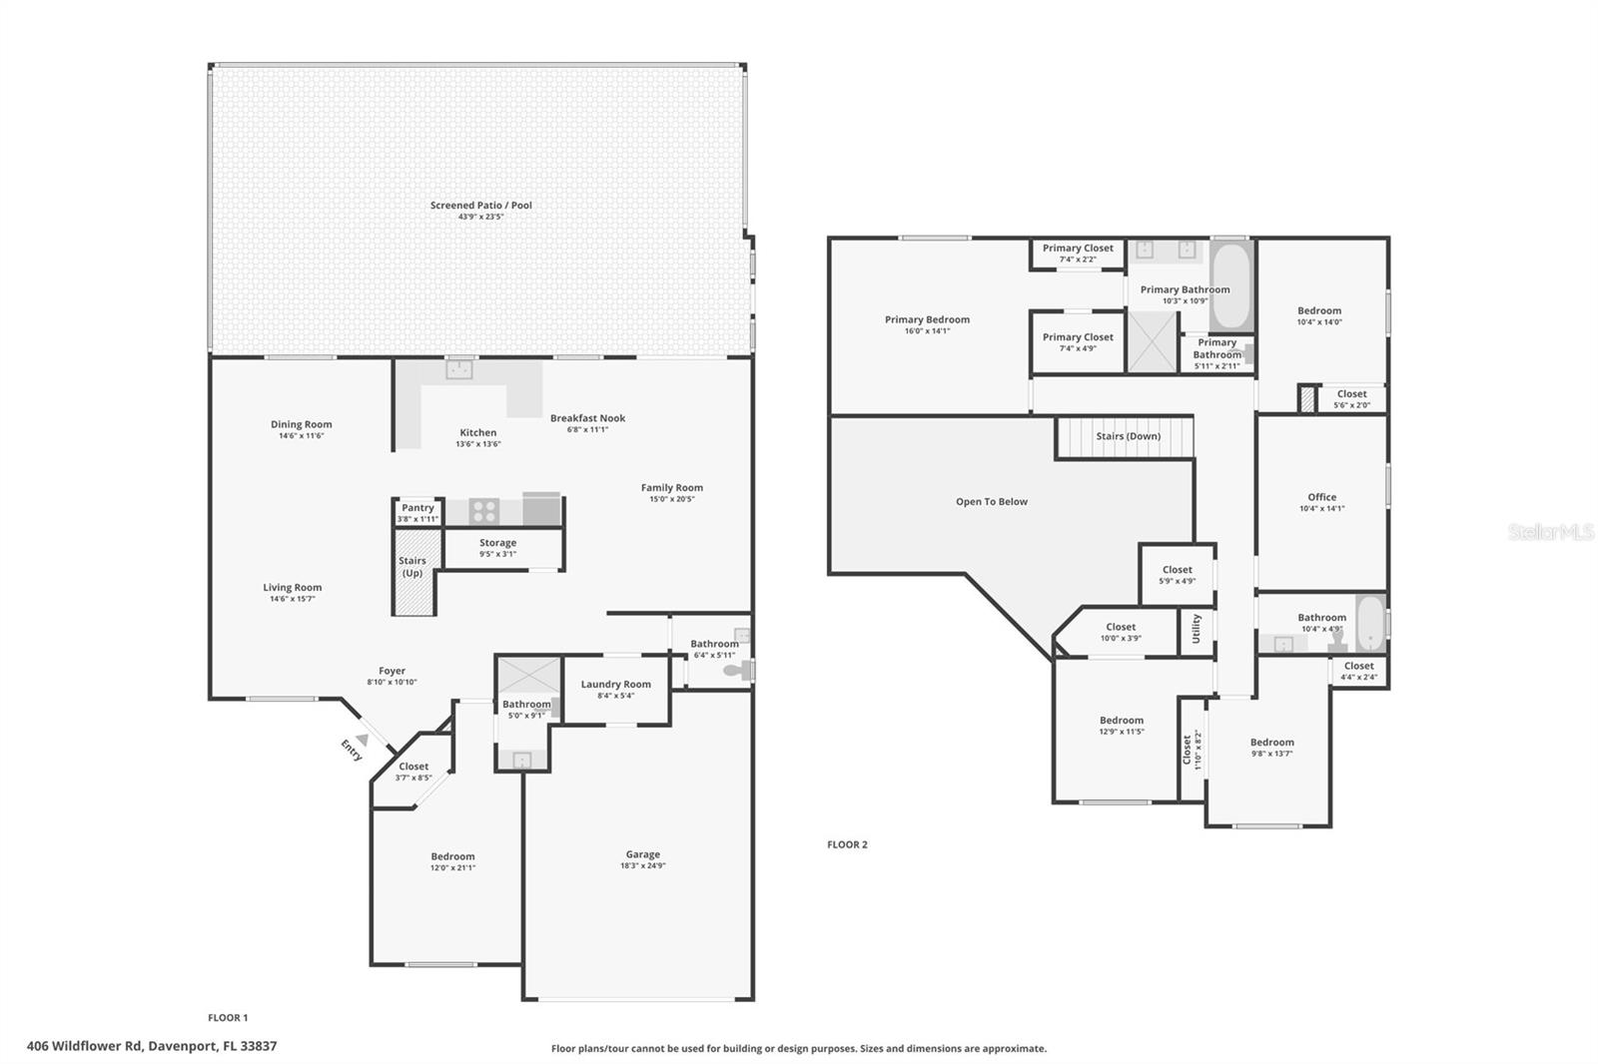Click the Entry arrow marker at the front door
coord(363,740)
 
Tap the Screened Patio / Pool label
coord(480,206)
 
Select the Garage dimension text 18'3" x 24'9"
coord(642,866)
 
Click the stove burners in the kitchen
coord(484,512)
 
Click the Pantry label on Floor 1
coord(417,508)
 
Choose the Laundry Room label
coord(615,684)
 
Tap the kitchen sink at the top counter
coord(458,369)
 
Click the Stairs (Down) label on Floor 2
coord(1128,436)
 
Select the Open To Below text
coord(991,502)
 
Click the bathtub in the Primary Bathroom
coord(1230,285)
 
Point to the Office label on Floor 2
coord(1321,497)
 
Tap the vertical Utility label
coord(1197,629)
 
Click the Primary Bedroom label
coord(927,319)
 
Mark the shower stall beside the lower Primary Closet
coord(1153,342)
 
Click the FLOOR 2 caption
coord(847,844)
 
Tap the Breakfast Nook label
coord(587,418)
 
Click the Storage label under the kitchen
coord(497,543)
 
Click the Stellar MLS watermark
coord(1550,532)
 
